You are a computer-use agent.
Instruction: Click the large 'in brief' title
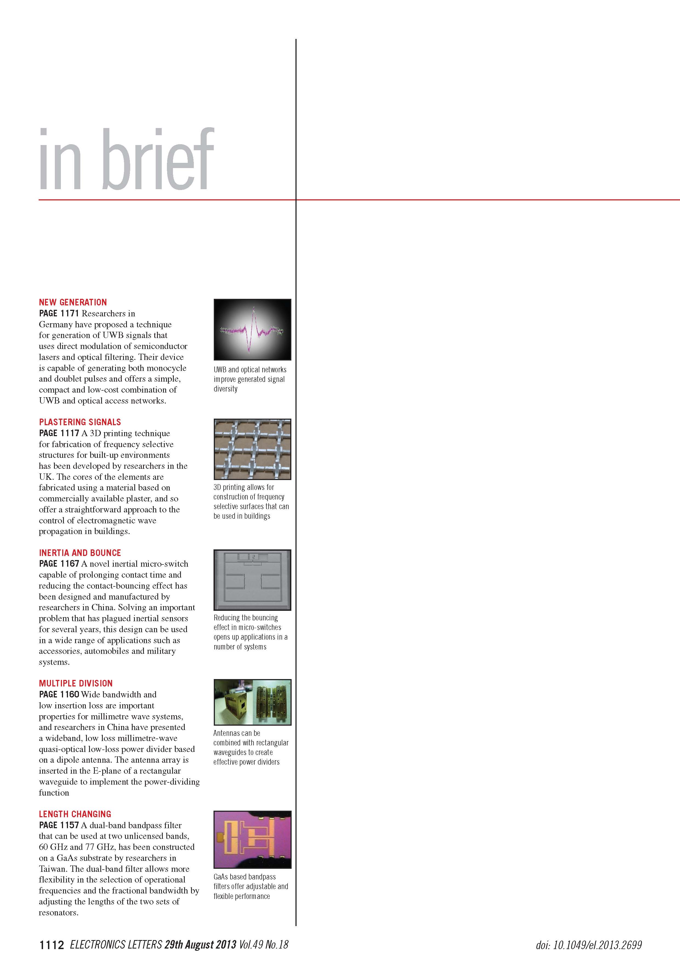(126, 160)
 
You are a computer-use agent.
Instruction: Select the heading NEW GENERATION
(73, 302)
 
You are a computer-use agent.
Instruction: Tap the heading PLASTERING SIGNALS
(80, 422)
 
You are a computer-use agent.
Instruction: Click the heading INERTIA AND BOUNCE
(80, 553)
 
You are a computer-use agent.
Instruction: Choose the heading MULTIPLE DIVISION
(76, 683)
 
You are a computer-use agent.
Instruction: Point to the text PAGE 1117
(59, 433)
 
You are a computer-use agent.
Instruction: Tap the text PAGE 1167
(59, 564)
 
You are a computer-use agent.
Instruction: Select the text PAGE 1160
(59, 695)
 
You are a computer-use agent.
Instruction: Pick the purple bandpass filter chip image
(252, 839)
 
